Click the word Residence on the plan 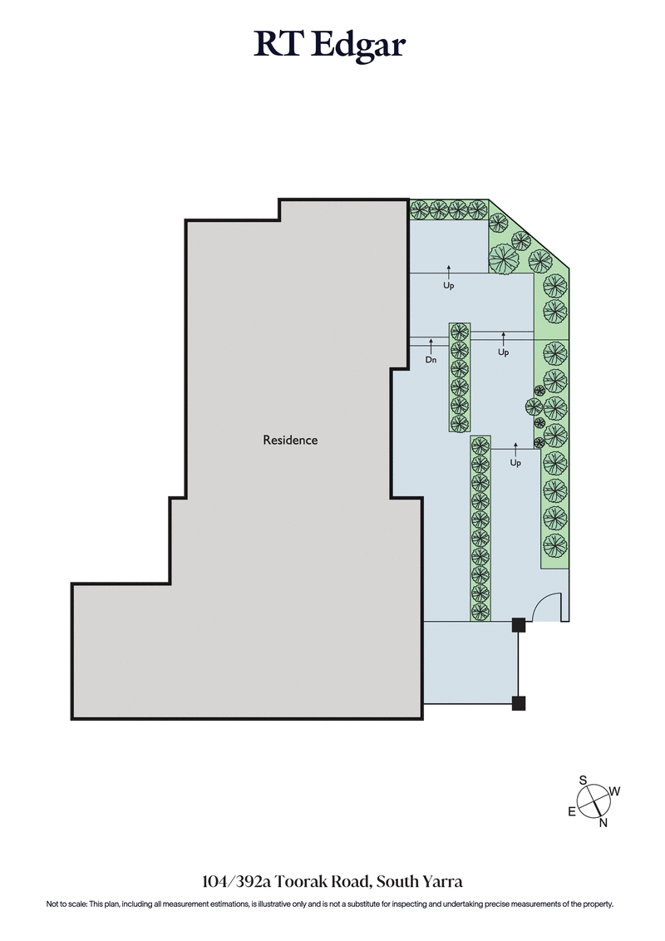pos(290,440)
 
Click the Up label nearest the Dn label pos(503,352)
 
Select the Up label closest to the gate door pos(515,463)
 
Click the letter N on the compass pos(603,823)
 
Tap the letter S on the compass pos(584,780)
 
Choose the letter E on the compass pos(572,812)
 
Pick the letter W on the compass pos(615,791)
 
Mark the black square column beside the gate pos(518,625)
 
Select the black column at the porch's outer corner pos(518,704)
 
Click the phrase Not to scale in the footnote pos(71,904)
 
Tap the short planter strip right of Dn pos(460,377)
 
